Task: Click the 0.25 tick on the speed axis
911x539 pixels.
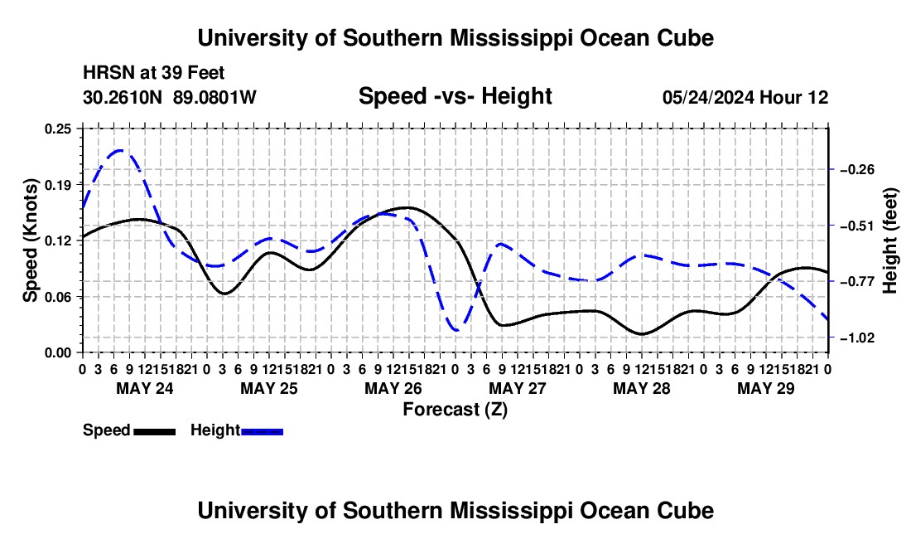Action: (57, 129)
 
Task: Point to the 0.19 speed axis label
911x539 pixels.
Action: (57, 185)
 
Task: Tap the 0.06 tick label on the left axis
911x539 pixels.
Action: (57, 297)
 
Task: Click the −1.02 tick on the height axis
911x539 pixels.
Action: (856, 337)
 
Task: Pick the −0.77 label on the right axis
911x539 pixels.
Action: (856, 282)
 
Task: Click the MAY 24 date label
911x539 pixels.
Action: (145, 388)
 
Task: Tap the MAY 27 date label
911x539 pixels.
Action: (518, 388)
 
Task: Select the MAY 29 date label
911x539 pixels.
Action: (766, 388)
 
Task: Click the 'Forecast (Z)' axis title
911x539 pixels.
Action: (455, 410)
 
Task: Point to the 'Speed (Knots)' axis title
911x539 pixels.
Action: (30, 240)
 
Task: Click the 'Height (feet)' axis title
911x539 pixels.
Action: (889, 240)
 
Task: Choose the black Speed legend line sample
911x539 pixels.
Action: (155, 432)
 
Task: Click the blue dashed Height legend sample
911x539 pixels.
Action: (262, 432)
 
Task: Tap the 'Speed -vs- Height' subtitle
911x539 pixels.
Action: (455, 96)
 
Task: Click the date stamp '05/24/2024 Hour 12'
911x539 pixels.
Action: (745, 97)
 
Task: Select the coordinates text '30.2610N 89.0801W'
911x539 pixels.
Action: (170, 97)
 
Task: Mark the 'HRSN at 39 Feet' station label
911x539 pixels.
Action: (154, 73)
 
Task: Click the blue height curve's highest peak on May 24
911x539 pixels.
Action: (121, 151)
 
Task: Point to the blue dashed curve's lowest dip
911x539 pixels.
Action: (456, 330)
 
